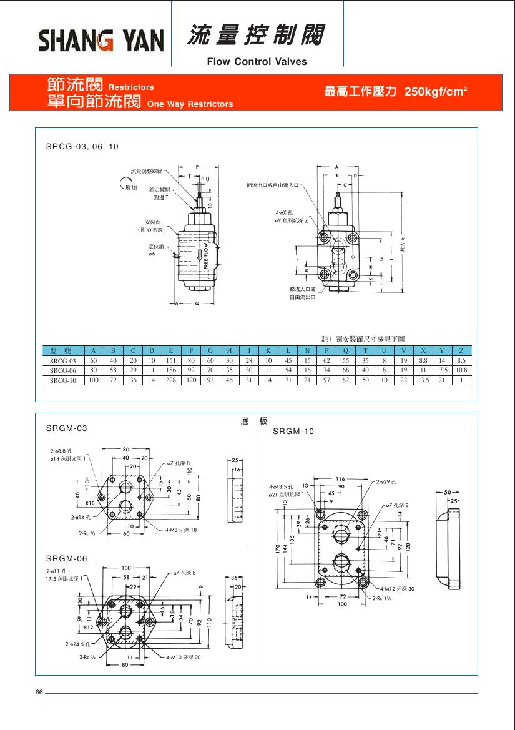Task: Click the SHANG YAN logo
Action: tap(101, 42)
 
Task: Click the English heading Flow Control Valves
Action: tap(257, 61)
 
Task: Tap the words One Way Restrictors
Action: tap(190, 104)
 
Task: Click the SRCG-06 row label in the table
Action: tap(62, 370)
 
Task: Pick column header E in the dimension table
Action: tap(171, 350)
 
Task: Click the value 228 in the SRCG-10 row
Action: tap(171, 380)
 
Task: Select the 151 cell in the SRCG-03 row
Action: tap(171, 360)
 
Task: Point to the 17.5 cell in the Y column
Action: tap(442, 370)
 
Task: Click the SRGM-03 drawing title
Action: tap(67, 428)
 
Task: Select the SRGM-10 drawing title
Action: tap(293, 432)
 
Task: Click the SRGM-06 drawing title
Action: tap(67, 558)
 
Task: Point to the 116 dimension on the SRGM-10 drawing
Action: tap(340, 479)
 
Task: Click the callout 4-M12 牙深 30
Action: tap(396, 589)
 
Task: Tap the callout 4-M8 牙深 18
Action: tap(181, 530)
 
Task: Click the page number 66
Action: tap(39, 693)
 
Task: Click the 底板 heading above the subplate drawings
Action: tap(254, 422)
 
